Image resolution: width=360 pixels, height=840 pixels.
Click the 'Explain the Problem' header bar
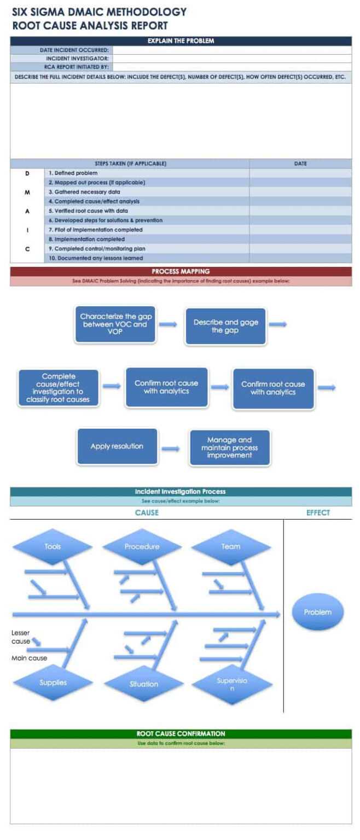[x=181, y=40]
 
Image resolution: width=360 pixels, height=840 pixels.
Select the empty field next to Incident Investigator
[x=232, y=58]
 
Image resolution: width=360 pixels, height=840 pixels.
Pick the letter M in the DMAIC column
[x=27, y=192]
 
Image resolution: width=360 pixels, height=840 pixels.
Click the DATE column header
[x=300, y=164]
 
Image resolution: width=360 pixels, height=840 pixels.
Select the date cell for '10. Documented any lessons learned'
[x=300, y=258]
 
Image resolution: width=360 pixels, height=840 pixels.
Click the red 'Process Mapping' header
[x=181, y=271]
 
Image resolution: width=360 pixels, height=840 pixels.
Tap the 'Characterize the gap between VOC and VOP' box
[x=115, y=324]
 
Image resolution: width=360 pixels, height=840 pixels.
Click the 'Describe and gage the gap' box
[x=225, y=326]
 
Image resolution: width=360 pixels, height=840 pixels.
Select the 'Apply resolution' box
[x=117, y=446]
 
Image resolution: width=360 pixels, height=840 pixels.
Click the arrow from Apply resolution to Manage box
[x=171, y=449]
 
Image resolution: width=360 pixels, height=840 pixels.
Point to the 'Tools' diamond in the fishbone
[x=53, y=546]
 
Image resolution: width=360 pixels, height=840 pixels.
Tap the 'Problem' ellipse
[x=317, y=612]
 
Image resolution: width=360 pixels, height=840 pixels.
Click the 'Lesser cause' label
[x=21, y=637]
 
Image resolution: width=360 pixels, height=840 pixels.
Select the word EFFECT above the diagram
[x=318, y=512]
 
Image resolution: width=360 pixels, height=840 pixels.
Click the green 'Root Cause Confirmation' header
[x=181, y=733]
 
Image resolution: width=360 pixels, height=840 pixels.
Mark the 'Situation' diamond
[x=143, y=684]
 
